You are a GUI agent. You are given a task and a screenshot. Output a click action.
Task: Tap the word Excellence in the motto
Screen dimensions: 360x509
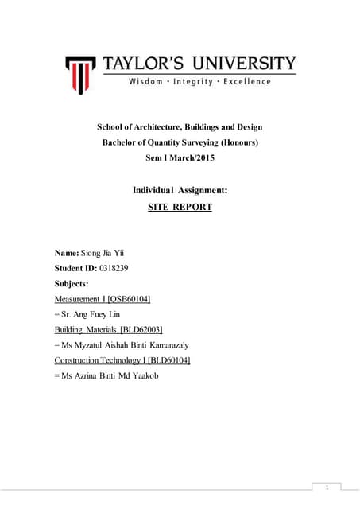[x=245, y=82]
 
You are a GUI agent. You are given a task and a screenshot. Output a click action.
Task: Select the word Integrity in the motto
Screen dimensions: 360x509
[x=191, y=82]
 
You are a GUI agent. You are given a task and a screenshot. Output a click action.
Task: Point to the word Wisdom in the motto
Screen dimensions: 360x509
[x=143, y=82]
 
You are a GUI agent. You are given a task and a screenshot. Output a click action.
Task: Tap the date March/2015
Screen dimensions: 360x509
[x=199, y=157]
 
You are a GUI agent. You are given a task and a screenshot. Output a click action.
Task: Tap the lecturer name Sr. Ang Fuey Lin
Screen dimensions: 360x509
[x=93, y=314]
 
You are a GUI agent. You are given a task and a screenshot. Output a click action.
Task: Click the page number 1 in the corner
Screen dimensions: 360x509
[x=327, y=486]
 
